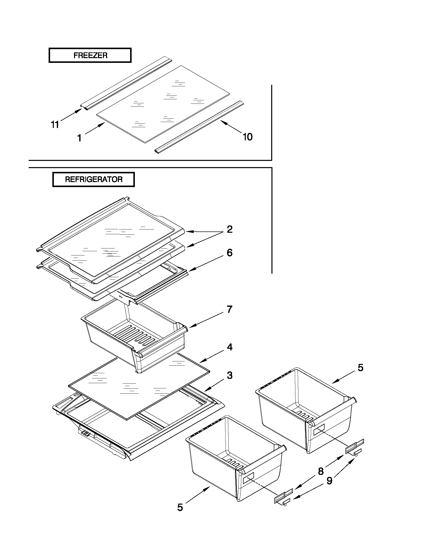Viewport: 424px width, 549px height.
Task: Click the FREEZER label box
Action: tap(90, 55)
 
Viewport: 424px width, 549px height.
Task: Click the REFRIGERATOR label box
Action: tap(93, 180)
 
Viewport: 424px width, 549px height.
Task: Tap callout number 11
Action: tap(55, 124)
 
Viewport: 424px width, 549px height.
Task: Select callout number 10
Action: tap(248, 137)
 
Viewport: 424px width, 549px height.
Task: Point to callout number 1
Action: tap(79, 138)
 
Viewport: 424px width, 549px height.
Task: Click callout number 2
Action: tap(230, 229)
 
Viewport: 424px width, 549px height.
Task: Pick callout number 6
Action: tap(230, 253)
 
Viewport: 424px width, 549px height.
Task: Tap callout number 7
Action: tap(230, 310)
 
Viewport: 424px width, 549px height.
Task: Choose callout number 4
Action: tap(230, 347)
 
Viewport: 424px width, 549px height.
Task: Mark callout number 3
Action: tap(230, 376)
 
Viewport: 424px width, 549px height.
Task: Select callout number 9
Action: tap(329, 481)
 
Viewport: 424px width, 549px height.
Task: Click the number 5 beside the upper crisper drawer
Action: tap(360, 368)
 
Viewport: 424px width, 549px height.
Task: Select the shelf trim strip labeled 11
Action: tap(126, 83)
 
